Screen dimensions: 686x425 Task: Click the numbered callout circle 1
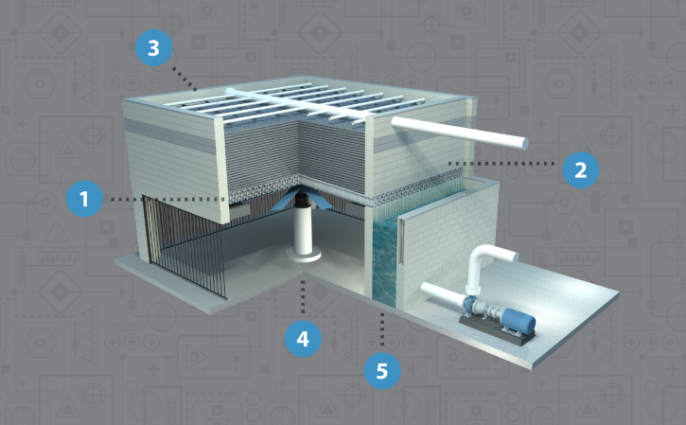(84, 199)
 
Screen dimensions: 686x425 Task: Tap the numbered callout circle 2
(581, 169)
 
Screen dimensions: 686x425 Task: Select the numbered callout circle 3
(153, 47)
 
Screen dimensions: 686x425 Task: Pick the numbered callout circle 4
(303, 338)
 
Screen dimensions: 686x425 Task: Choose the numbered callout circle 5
(382, 371)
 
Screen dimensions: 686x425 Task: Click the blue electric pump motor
(518, 322)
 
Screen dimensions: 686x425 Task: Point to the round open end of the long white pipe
(523, 144)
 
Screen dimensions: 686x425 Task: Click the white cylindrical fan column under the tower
(302, 231)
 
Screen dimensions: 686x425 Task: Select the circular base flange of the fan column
(302, 255)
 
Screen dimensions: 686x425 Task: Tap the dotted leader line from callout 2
(501, 164)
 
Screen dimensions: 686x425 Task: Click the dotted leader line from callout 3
(185, 79)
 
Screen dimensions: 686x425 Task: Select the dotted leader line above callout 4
(303, 296)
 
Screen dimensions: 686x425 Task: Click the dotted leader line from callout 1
(167, 199)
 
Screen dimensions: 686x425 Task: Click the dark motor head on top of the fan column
(302, 200)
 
